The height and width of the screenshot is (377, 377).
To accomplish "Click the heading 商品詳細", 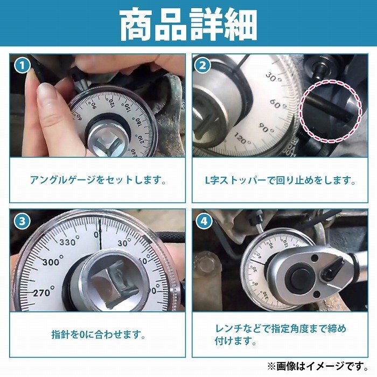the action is click(188, 24).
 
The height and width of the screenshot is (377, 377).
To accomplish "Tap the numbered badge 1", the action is click(22, 66).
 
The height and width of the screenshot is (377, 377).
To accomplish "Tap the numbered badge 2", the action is click(203, 66).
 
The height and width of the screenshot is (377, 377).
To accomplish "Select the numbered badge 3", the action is click(22, 221).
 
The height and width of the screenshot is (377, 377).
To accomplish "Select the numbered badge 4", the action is click(204, 221).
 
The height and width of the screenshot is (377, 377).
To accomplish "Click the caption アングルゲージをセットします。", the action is click(98, 180).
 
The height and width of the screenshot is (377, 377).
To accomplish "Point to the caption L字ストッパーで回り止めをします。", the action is click(281, 180).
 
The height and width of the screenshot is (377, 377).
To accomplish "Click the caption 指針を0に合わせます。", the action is click(99, 334).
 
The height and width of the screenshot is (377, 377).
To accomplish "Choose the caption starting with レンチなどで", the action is click(281, 334).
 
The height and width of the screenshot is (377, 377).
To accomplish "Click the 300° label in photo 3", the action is click(53, 261).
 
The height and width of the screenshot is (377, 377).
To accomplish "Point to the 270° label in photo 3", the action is click(44, 292).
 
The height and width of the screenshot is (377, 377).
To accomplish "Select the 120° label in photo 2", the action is click(242, 138).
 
